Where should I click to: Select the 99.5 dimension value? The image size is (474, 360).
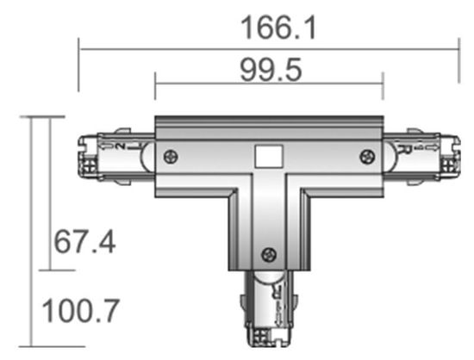tap(269, 71)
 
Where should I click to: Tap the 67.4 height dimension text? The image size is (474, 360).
tap(84, 241)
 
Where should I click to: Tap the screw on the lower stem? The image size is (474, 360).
tap(270, 253)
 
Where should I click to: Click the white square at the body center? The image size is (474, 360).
tap(269, 157)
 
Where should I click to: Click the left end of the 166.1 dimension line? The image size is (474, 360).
tap(79, 50)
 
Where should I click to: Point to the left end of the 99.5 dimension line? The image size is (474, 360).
tap(155, 84)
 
